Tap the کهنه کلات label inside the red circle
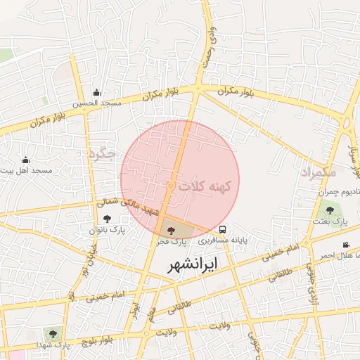pyautogui.click(x=209, y=186)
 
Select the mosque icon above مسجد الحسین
pyautogui.click(x=96, y=92)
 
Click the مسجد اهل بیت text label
pyautogui.click(x=28, y=171)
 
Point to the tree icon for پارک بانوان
pyautogui.click(x=107, y=219)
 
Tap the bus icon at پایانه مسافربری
pyautogui.click(x=223, y=229)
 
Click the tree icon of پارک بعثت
pyautogui.click(x=330, y=210)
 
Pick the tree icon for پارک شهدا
pyautogui.click(x=51, y=333)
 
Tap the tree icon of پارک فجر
pyautogui.click(x=172, y=230)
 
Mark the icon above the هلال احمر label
pyautogui.click(x=345, y=245)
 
